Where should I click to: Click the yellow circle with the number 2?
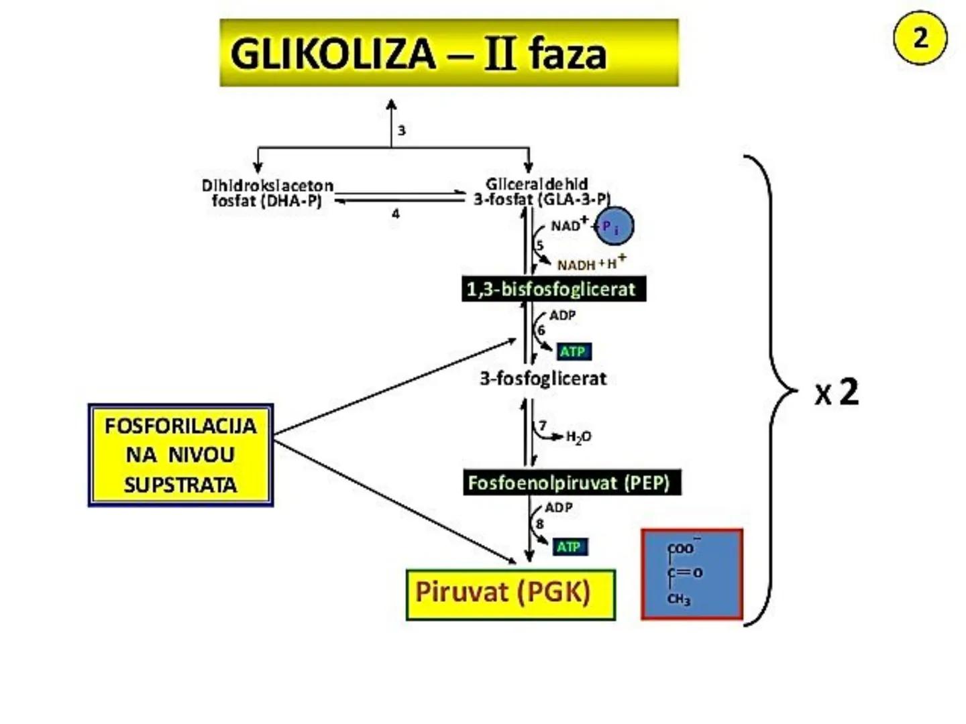pos(920,38)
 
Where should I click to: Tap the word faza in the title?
pos(567,54)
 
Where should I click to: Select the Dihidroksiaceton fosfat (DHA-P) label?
pos(267,192)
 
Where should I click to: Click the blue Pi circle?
pos(614,227)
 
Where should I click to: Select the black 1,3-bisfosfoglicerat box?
pos(553,289)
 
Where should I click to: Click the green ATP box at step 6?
pos(573,351)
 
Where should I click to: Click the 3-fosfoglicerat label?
pos(543,379)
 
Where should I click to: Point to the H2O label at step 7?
pos(578,437)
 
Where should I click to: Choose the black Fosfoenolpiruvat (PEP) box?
pos(572,483)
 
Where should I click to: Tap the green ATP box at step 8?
pos(570,547)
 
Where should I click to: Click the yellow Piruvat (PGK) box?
pos(510,594)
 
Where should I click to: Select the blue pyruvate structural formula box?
pos(692,575)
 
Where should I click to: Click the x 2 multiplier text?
pos(837,392)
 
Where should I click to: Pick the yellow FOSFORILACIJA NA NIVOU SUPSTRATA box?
pos(180,455)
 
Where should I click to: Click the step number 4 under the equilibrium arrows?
pos(396,214)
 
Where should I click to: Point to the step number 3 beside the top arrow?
pos(401,131)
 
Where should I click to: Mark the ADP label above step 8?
pos(558,507)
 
